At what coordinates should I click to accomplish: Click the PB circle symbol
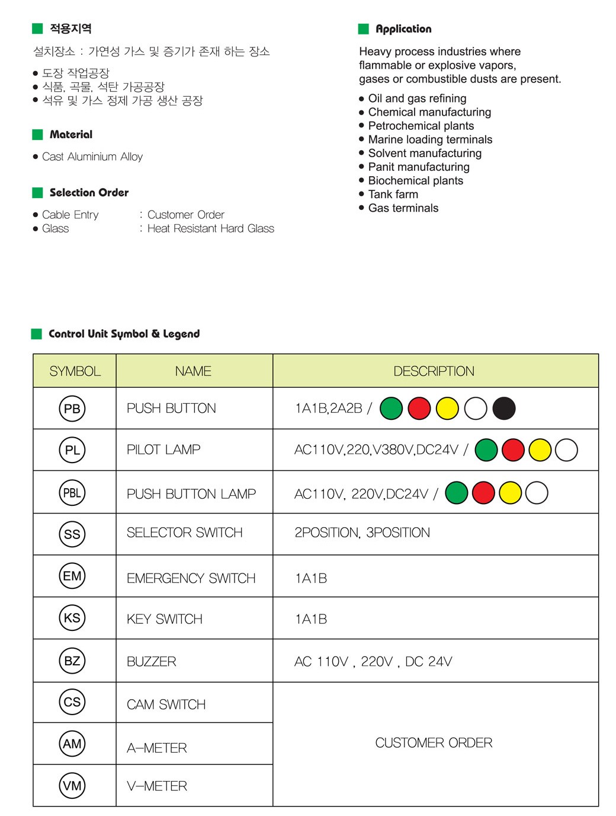point(72,409)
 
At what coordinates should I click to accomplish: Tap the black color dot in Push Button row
point(504,408)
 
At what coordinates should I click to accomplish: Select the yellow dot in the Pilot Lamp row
point(540,450)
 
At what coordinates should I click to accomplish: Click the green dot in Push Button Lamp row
point(457,493)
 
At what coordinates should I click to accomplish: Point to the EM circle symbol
point(72,576)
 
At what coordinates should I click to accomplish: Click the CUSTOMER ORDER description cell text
point(434,743)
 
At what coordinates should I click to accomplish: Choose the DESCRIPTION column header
point(434,371)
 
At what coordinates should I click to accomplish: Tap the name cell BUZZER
point(152,662)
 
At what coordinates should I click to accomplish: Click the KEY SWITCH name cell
point(165,619)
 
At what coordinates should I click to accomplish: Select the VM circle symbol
point(72,786)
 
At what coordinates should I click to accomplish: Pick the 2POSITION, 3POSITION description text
point(362,533)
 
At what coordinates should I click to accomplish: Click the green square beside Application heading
point(364,29)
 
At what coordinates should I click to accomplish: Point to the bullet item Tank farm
point(393,195)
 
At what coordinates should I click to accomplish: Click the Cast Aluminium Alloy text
point(92,157)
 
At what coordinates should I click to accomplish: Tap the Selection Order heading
point(89,193)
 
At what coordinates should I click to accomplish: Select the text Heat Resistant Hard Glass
point(211,229)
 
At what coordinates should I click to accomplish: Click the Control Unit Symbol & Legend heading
point(124,334)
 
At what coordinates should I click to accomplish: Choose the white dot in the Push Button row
point(476,408)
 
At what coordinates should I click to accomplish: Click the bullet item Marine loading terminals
point(430,139)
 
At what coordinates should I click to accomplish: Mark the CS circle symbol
point(72,702)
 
